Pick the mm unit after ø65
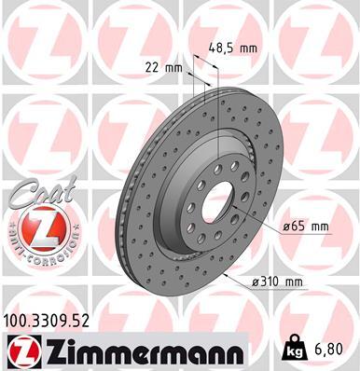tap(320, 226)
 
